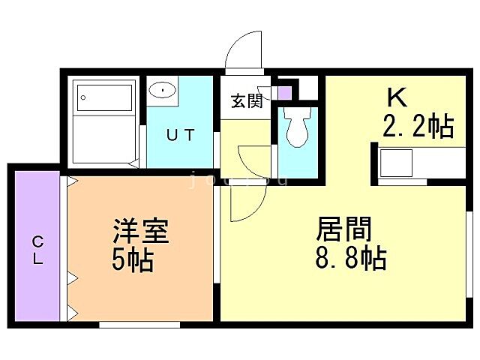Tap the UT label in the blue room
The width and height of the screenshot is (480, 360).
click(180, 136)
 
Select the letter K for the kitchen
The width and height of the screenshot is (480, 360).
click(397, 99)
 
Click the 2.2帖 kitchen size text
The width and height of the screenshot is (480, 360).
click(418, 127)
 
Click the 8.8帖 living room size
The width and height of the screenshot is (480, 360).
click(349, 259)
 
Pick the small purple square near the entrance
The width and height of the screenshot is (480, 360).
click(284, 93)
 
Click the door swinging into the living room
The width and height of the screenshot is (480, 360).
click(247, 199)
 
